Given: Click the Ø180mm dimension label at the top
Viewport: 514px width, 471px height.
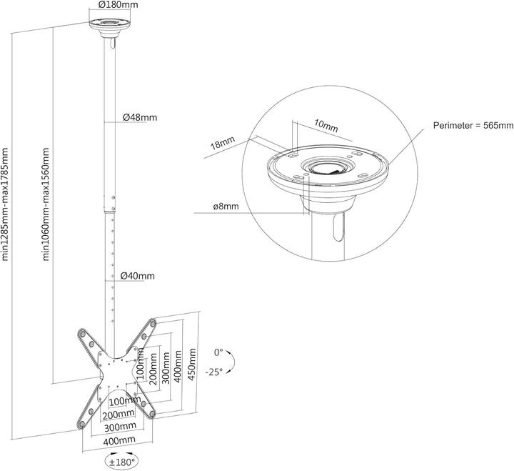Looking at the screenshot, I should pos(118,5).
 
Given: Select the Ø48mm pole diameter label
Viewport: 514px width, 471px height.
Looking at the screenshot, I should pos(139,117).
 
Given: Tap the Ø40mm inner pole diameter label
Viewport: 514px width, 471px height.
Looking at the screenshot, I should pos(137,276).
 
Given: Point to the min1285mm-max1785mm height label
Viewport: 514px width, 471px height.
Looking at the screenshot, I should pos(6,204).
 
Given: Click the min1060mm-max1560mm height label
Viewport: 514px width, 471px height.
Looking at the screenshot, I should pos(47,204).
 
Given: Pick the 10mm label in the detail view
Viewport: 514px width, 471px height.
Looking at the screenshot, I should pos(326,127).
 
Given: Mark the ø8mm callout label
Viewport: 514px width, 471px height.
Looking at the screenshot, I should pos(226,207).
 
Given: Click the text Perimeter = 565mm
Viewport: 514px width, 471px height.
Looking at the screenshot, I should pos(473,126).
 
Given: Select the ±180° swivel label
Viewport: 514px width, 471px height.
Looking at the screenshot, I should pos(119,462).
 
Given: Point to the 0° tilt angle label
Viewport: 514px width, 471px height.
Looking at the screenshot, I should pos(218,352).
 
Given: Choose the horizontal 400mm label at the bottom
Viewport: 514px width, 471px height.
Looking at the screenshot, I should pos(118,441).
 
